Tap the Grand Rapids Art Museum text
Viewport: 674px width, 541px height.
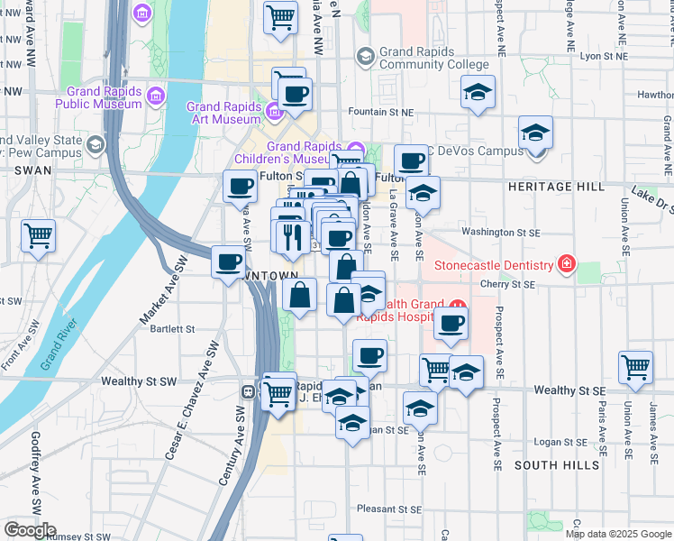pyautogui.click(x=223, y=113)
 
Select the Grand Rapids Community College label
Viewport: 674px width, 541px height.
pyautogui.click(x=433, y=59)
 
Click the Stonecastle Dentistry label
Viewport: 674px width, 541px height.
pyautogui.click(x=493, y=265)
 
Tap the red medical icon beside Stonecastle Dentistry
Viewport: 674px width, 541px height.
pyautogui.click(x=567, y=264)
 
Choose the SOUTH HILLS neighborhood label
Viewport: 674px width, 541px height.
pyautogui.click(x=556, y=464)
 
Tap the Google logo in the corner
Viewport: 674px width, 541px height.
pyautogui.click(x=30, y=530)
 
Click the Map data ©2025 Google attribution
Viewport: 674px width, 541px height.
pyautogui.click(x=617, y=534)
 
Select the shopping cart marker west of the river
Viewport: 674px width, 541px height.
pyautogui.click(x=39, y=237)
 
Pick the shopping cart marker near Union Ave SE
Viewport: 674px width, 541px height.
pyautogui.click(x=636, y=368)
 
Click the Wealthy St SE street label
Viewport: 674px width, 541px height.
pyautogui.click(x=568, y=390)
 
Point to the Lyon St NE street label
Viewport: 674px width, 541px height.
pyautogui.click(x=604, y=56)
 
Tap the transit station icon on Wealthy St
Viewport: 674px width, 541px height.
pyautogui.click(x=248, y=392)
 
